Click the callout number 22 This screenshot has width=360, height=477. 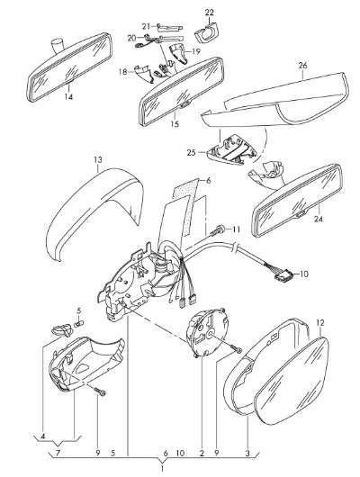[x=209, y=13]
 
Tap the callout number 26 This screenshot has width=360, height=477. [x=302, y=66]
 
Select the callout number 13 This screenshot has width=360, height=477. [x=98, y=159]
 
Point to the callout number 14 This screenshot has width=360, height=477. [x=68, y=96]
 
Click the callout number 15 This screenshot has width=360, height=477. [x=175, y=124]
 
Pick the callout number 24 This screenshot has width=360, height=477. [x=319, y=219]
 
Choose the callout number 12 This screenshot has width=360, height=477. [x=320, y=322]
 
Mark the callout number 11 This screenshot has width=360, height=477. [x=236, y=229]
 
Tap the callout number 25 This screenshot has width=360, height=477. [x=192, y=152]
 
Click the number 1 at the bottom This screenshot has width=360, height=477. [x=162, y=469]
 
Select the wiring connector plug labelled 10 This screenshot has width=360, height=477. [x=282, y=276]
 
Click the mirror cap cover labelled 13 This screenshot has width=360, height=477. [x=94, y=213]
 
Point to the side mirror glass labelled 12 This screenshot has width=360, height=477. [x=292, y=381]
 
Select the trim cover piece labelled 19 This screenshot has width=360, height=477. [x=179, y=53]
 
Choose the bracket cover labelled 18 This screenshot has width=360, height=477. [x=142, y=73]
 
